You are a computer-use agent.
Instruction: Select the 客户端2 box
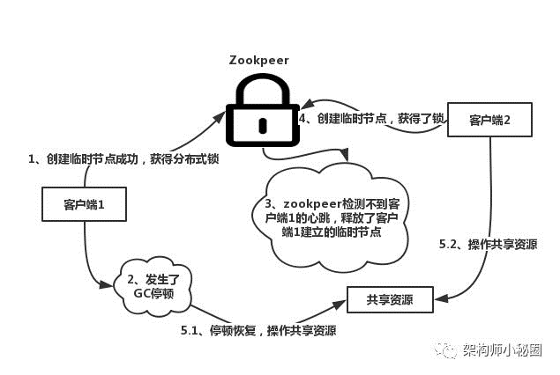[x=490, y=120]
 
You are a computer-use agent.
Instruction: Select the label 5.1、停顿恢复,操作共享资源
[x=258, y=330]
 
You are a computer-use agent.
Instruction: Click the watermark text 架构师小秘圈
[x=503, y=350]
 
